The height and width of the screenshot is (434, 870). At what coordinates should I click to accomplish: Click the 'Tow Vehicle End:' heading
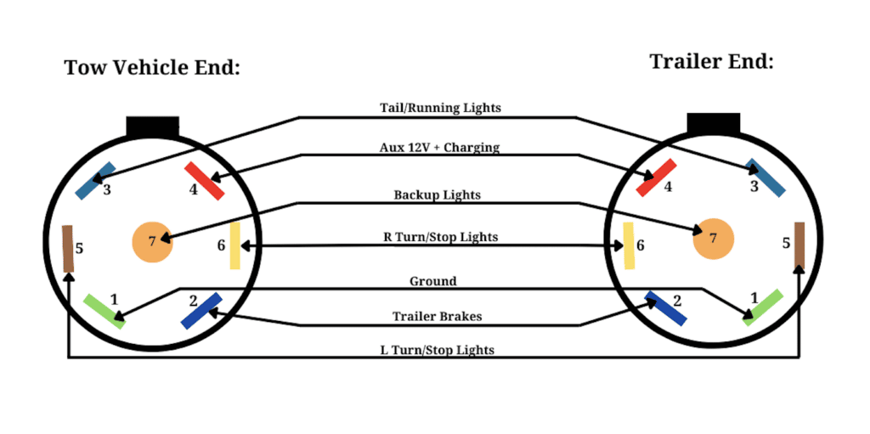point(152,68)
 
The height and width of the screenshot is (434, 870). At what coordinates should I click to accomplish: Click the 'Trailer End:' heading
point(711,61)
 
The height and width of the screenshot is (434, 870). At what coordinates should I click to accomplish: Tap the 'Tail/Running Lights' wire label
point(441,108)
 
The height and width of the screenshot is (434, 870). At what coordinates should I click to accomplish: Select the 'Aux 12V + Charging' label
point(439,148)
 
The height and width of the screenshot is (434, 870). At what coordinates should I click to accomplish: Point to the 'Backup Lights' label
point(438,195)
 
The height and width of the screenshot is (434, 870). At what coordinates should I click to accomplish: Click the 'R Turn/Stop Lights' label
point(441,237)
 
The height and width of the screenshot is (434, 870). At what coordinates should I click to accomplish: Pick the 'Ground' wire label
point(432,281)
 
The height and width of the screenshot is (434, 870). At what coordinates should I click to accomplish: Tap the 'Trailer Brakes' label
point(438,316)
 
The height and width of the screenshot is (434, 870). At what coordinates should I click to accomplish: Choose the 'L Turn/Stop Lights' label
point(438,350)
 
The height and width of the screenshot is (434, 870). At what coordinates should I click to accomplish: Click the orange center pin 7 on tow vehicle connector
point(153,242)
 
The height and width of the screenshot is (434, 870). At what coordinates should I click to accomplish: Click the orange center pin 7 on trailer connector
point(714,239)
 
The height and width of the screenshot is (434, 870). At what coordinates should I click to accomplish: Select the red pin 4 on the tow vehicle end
point(205,180)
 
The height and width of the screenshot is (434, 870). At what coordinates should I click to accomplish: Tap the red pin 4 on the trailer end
point(656,178)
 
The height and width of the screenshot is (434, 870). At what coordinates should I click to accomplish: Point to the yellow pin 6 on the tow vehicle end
point(234,245)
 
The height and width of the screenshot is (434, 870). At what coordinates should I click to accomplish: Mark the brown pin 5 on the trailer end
point(799,245)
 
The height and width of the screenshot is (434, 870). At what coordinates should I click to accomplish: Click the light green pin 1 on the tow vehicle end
point(105,312)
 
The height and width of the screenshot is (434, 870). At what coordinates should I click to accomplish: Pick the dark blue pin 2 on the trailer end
point(666,308)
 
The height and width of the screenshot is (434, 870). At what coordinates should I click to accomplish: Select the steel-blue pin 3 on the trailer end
point(765,178)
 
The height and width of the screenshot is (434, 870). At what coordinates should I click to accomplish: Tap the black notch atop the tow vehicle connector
point(153,127)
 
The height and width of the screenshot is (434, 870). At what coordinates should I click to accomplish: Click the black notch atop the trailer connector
point(714,123)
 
